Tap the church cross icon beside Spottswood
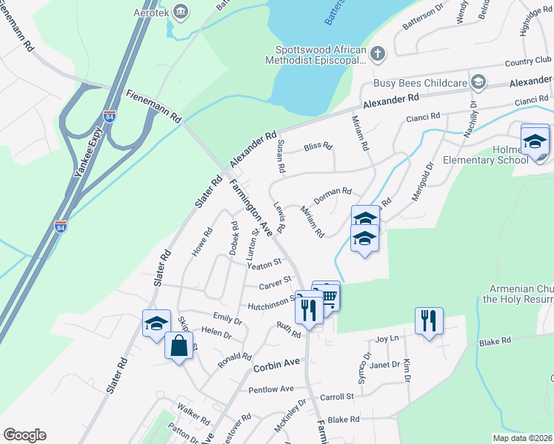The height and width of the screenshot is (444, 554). [378, 53]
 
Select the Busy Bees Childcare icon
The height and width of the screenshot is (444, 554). [478, 81]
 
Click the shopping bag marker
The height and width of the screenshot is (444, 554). [179, 346]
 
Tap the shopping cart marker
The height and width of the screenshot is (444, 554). [327, 296]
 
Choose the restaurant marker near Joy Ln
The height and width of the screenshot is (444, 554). [429, 321]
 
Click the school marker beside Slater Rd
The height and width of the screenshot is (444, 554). [156, 324]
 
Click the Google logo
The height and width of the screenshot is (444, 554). [24, 435]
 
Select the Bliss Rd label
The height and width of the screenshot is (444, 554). [318, 146]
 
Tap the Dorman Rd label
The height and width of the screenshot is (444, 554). [333, 195]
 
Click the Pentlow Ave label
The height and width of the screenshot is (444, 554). [271, 388]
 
